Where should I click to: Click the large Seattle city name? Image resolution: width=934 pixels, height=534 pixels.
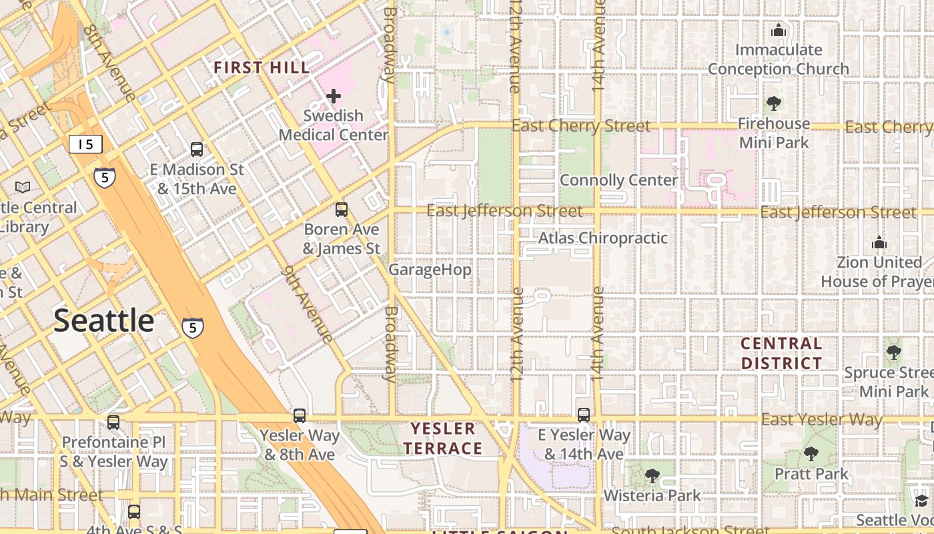click(104, 321)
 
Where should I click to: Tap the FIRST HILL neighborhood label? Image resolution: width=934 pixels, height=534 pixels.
click(262, 67)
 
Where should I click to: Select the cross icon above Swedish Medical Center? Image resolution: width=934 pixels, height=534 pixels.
click(333, 96)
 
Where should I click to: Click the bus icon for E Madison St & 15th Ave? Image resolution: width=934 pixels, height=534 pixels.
click(196, 149)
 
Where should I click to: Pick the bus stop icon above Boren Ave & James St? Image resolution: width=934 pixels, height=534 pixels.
click(342, 210)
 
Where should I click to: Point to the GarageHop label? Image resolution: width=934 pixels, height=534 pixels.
click(430, 270)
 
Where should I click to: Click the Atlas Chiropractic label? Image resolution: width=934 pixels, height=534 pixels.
click(602, 238)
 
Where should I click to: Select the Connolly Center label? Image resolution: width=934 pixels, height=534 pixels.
click(618, 180)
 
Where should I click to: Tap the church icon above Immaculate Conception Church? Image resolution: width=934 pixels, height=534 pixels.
click(778, 30)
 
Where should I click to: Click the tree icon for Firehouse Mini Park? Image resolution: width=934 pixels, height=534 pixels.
click(774, 103)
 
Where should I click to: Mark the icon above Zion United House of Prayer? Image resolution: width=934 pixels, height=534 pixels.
click(879, 242)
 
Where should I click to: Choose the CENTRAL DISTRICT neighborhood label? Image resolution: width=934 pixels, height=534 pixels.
click(781, 354)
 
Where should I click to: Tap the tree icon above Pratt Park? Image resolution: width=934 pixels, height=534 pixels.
click(811, 454)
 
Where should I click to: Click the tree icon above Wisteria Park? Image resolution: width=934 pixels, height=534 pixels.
click(652, 476)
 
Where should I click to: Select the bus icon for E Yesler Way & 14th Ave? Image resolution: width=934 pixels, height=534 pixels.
click(584, 415)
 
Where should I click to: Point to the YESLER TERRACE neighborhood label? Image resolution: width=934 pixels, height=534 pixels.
click(443, 438)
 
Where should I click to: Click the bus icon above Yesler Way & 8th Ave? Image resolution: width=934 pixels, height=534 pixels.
click(300, 416)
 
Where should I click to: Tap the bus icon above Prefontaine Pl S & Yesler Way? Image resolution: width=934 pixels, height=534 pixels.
click(113, 422)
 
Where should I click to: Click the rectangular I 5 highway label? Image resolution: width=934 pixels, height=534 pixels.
click(85, 144)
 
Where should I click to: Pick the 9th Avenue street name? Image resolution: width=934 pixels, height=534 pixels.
click(308, 304)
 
